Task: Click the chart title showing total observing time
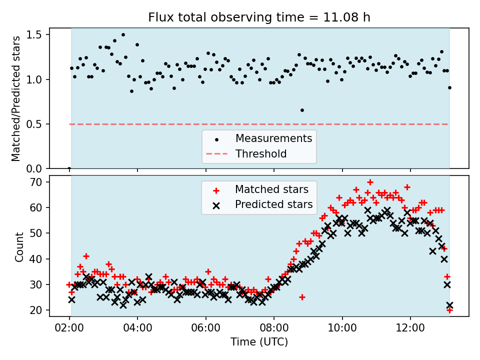[259, 17]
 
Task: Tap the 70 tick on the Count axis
[40, 182]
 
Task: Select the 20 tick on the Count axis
[40, 310]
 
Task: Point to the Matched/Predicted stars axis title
[16, 98]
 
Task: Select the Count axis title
[19, 247]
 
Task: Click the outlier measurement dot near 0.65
[302, 110]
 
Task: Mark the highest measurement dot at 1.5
[123, 35]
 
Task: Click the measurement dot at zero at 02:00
[69, 168]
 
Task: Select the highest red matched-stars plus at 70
[370, 182]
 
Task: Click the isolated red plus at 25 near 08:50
[302, 297]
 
